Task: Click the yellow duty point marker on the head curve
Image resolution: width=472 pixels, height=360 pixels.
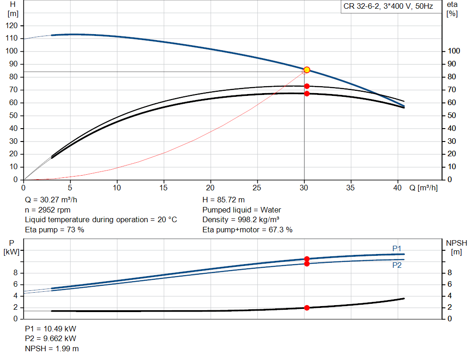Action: pos(307,70)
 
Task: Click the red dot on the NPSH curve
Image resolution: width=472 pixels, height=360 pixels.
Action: pos(307,307)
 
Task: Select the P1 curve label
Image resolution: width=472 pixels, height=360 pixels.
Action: pos(397,248)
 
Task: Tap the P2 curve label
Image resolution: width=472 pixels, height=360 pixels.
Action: pos(397,265)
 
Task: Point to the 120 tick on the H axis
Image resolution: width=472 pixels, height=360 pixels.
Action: pos(12,26)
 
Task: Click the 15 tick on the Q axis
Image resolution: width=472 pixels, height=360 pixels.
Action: pos(164,188)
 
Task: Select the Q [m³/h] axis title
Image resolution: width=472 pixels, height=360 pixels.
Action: pos(423,188)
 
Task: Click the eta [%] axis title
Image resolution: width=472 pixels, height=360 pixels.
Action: pos(452,9)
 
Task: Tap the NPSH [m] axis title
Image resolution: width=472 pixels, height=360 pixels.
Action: pos(456,248)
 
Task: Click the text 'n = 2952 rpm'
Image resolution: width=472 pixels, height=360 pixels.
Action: pos(47,210)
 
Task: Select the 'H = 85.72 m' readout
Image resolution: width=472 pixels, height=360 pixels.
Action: pos(224,200)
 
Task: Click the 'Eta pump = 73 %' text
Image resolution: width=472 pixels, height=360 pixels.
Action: pos(54,230)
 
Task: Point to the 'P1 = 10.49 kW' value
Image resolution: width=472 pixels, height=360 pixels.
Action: pos(51,329)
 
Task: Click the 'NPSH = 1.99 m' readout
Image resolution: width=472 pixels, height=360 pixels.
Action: pos(52,348)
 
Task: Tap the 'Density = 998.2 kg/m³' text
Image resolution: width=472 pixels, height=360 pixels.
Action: pos(241,220)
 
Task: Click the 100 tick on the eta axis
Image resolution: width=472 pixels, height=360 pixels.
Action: pos(454,51)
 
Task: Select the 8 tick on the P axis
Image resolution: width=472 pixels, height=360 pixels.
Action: pos(15,273)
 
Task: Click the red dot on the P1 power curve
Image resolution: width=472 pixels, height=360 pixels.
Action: pos(307,259)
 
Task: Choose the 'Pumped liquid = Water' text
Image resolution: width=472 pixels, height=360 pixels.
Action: pos(242,210)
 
